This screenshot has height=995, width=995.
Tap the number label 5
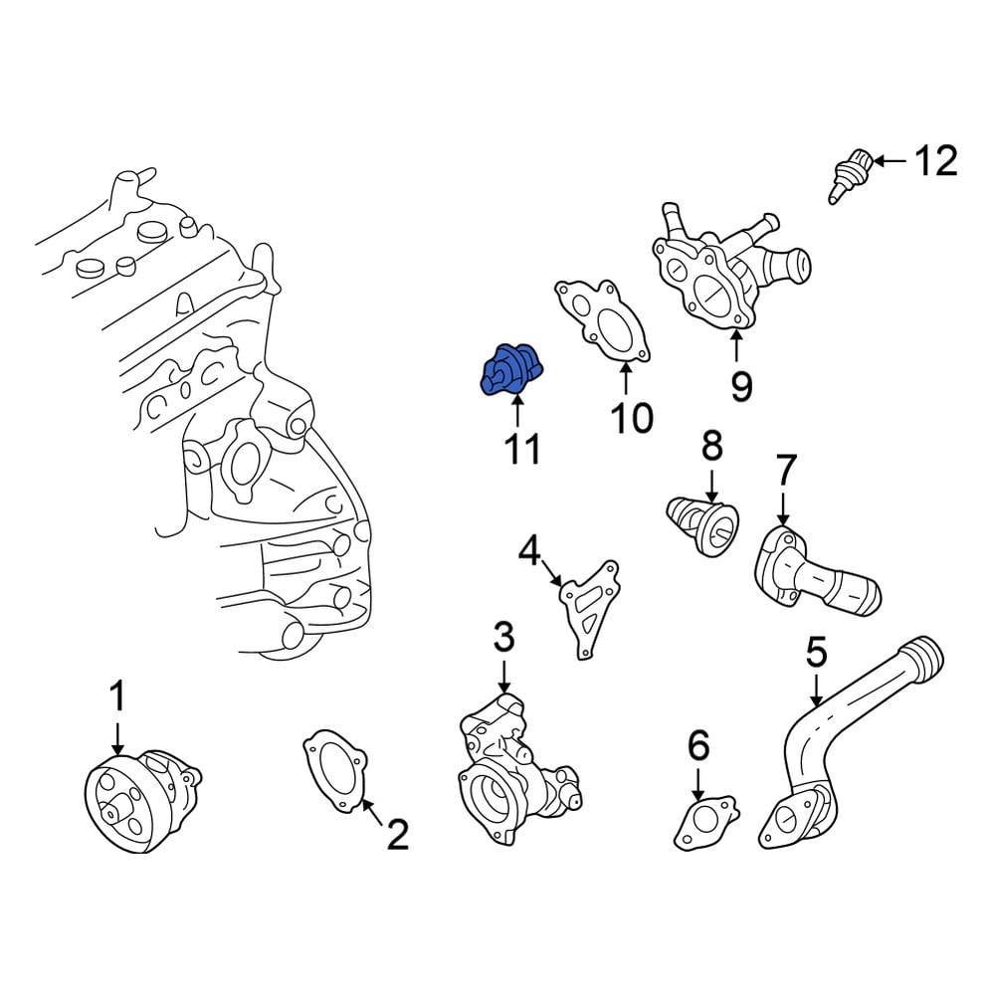point(816,655)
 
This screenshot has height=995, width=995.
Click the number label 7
point(785,471)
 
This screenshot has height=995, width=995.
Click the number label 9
point(740,385)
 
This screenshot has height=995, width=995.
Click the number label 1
point(117,697)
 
